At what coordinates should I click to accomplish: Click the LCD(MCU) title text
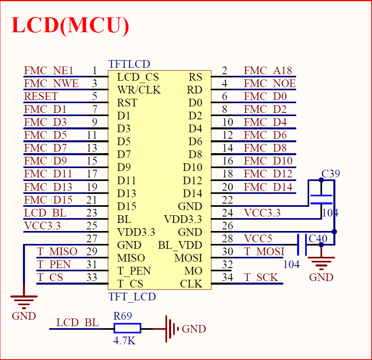70,25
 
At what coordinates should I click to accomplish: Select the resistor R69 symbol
127,328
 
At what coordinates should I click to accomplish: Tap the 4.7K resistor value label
124,341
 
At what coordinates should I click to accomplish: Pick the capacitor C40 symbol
302,244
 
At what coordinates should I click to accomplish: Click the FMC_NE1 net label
49,71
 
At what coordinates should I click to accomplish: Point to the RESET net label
41,97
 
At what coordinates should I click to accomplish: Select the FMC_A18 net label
268,71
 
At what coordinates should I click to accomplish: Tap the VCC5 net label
258,239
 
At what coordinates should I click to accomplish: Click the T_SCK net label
261,278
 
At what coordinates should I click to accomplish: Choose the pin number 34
227,278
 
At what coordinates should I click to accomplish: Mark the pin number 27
92,239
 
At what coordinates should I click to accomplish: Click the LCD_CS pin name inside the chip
138,77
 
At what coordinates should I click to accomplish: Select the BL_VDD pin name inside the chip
180,245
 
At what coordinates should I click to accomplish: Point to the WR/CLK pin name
138,90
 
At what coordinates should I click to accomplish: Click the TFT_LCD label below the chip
132,297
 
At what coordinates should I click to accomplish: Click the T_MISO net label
57,252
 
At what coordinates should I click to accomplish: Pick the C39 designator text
331,174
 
